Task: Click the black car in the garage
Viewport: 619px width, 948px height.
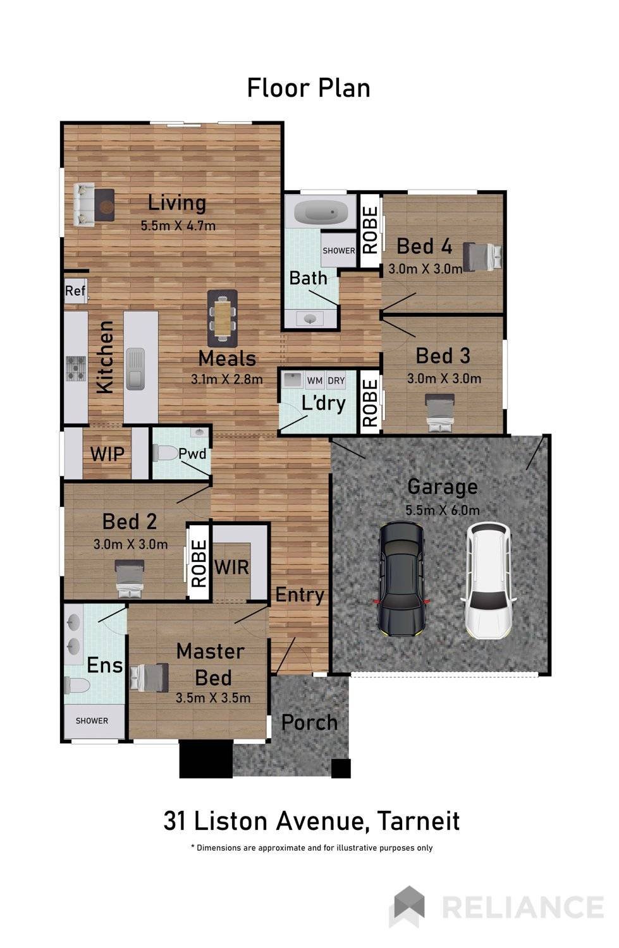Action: coord(401,578)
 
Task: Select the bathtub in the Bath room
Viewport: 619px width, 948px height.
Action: coord(321,212)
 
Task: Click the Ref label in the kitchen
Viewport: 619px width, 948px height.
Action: coord(75,291)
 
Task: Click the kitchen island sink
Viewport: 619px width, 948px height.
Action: coord(135,368)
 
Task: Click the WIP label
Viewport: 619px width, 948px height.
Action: coord(107,454)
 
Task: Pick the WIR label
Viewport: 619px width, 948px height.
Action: coord(231,566)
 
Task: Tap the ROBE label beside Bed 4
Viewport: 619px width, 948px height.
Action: coord(370,230)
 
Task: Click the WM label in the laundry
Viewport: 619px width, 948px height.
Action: coord(314,380)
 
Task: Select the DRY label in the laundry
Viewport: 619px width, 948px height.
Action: coord(336,380)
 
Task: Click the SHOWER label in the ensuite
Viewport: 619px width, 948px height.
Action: coord(92,720)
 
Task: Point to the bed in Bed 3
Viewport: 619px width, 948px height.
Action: coord(440,412)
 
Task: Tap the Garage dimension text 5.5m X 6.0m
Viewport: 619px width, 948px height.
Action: coord(442,510)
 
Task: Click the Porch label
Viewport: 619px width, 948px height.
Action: coord(309,722)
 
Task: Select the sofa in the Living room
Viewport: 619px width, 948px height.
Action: coord(83,205)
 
